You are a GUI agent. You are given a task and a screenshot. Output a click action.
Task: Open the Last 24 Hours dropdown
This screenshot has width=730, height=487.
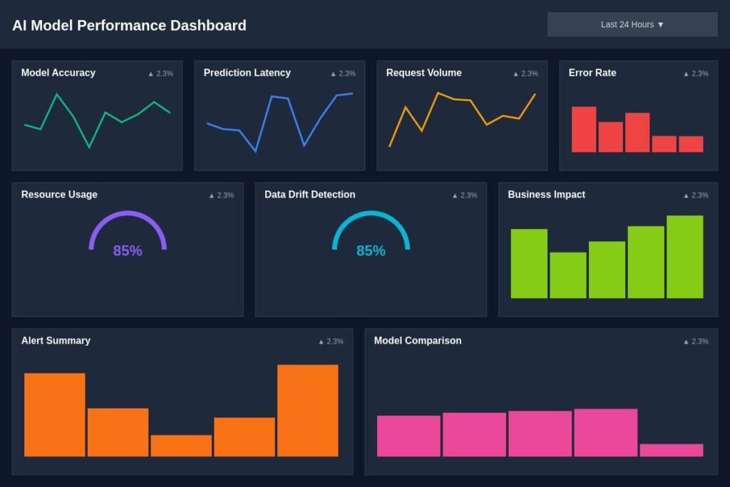coord(632,24)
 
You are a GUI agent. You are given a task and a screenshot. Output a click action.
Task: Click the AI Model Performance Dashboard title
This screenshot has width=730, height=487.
coord(129,25)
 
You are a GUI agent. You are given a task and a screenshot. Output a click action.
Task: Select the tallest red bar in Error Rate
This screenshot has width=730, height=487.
coord(584,130)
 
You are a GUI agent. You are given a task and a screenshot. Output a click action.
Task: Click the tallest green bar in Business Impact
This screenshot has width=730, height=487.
coord(685,257)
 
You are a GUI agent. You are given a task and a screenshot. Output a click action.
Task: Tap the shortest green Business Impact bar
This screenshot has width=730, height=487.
coord(568,275)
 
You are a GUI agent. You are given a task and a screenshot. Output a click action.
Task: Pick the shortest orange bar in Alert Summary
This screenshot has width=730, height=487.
coord(181,446)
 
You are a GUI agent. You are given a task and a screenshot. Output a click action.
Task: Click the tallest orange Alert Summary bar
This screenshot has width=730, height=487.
coord(308,411)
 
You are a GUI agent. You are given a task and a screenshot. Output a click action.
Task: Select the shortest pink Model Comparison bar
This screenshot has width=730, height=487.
coord(672,450)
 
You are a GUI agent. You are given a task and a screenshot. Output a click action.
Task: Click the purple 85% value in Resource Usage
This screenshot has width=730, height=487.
coord(128,250)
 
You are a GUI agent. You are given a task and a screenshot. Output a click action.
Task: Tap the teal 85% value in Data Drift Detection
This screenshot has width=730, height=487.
coord(371,250)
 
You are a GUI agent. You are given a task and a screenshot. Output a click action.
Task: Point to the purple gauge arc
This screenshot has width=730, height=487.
coord(128,213)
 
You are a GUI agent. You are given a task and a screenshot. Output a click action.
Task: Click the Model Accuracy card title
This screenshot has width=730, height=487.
coord(58,73)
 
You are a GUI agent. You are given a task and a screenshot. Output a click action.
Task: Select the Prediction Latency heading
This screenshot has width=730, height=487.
coord(247,73)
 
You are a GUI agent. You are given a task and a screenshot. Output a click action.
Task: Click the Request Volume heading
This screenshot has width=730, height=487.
coord(423,73)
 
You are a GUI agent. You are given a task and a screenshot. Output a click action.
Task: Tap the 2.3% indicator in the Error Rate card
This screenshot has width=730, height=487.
coord(696,73)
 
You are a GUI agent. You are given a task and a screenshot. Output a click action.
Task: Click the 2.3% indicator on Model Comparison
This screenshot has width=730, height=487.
coord(696,342)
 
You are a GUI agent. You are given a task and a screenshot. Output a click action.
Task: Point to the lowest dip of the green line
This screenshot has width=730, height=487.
coord(89,148)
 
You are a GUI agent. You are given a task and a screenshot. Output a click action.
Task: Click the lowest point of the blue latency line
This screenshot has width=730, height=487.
coord(256,151)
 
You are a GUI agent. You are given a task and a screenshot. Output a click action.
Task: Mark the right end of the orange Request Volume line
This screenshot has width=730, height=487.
coord(535,94)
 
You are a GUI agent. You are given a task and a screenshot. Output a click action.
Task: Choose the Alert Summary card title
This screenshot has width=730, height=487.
coord(56,340)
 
